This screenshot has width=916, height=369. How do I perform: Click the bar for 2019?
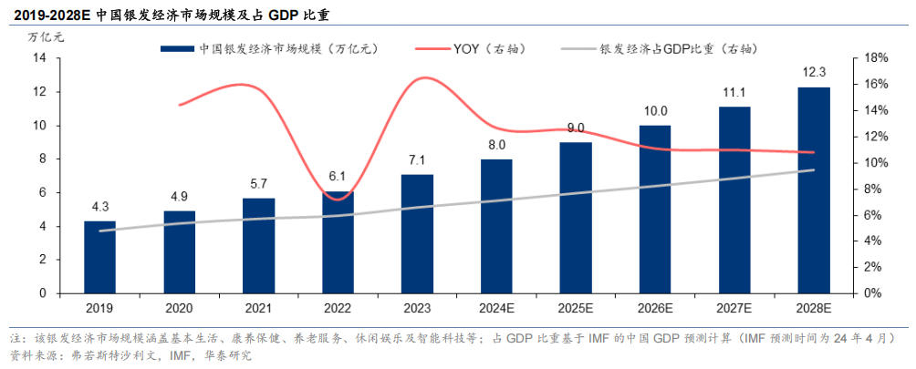point(99,257)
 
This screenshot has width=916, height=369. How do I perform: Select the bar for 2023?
point(416,233)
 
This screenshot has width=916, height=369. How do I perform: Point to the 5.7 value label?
point(258,185)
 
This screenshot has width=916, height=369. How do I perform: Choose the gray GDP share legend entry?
point(680,48)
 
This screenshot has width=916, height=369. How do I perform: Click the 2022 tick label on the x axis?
point(337,309)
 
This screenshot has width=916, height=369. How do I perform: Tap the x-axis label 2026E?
point(655,309)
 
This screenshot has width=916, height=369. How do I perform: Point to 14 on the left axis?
point(40,58)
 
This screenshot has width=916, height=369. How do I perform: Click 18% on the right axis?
point(877,58)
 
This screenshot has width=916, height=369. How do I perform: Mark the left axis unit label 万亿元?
point(46,37)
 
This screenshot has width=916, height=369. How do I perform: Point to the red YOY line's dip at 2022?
point(338,199)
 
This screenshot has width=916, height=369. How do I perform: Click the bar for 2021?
point(258,245)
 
